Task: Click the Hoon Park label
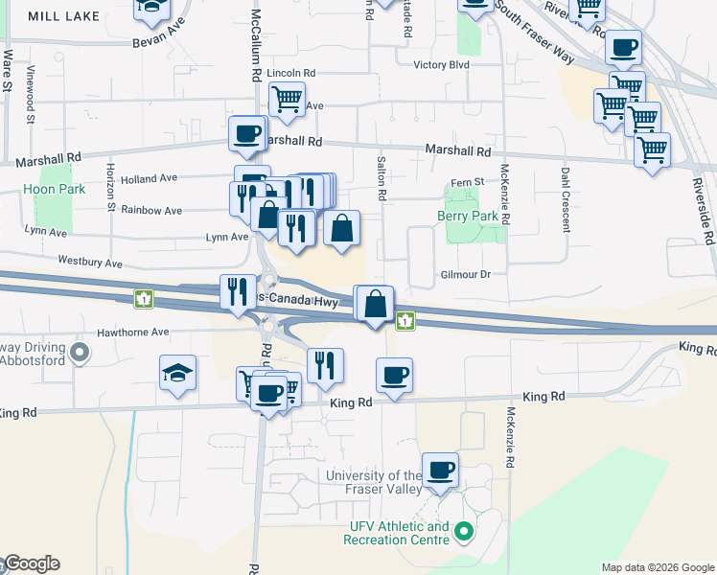[55, 189]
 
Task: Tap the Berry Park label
[469, 217]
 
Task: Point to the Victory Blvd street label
[441, 65]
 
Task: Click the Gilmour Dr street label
[466, 274]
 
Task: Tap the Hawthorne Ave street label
[132, 333]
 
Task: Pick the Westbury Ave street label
[90, 262]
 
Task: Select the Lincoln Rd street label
[291, 73]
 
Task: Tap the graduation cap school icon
[177, 373]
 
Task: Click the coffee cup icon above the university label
[440, 470]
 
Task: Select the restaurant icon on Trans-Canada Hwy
[238, 291]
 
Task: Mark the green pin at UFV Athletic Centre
[465, 530]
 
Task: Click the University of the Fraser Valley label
[374, 483]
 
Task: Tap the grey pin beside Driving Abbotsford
[81, 354]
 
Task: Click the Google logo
[32, 563]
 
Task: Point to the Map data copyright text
[658, 567]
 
